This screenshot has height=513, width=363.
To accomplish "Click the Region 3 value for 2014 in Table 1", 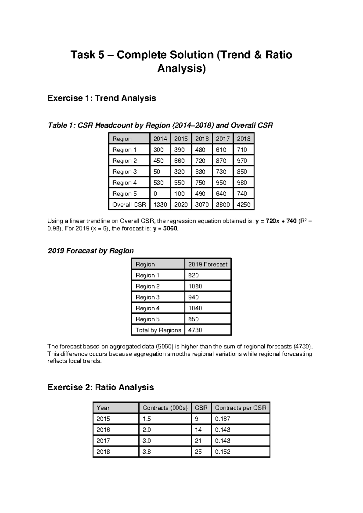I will point(157,172).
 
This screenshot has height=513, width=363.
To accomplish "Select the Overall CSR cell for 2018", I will point(244,205).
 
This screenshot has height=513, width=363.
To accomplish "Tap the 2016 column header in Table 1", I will point(202,139).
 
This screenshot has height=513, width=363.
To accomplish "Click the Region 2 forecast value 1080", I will point(195,286).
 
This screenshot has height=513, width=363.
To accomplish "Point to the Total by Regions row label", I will point(158,330).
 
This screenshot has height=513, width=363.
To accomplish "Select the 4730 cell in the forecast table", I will point(195,330).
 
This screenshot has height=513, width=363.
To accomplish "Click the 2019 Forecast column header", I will point(208,264).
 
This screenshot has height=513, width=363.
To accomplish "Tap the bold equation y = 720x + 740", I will point(276,221).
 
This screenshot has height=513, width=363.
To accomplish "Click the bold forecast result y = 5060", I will point(166,229).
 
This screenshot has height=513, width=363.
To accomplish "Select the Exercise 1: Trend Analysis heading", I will point(102,98).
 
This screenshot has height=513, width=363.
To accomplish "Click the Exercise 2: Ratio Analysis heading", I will point(101,387).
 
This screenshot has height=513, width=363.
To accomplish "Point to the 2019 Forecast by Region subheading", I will point(90,251).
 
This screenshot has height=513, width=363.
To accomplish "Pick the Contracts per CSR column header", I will point(240,408).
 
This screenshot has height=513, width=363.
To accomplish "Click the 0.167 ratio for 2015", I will point(223,419).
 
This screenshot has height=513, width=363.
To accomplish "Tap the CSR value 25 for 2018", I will point(198,452).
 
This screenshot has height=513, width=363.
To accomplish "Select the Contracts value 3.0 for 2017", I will point(146,441).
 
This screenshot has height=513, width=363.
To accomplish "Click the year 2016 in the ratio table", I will point(103,430).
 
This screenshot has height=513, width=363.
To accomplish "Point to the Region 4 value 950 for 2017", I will point(221,183).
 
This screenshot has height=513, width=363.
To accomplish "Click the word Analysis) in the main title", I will point(181,69).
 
